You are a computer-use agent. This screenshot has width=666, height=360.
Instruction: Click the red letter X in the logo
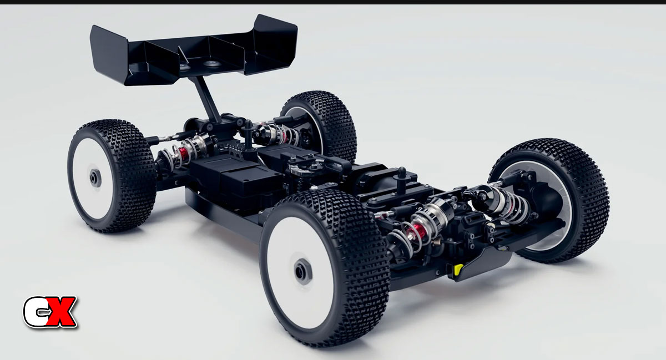(61, 312)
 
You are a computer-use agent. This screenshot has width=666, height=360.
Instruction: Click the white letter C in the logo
(35, 312)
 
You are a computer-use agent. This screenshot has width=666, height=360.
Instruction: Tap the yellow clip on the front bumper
(458, 268)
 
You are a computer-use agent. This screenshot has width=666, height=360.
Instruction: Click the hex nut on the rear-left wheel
(95, 179)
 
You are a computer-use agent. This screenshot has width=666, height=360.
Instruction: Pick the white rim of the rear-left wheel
(93, 179)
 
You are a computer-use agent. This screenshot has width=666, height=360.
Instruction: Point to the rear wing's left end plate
(109, 53)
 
